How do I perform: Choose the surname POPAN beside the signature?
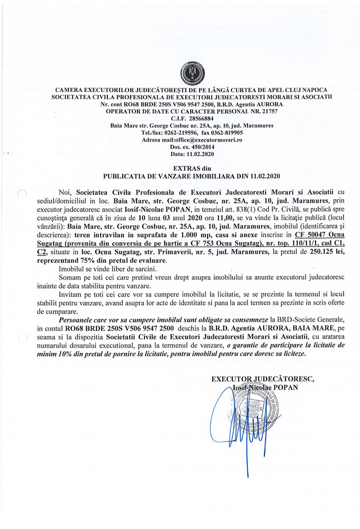point(286,387)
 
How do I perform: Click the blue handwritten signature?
point(240,428)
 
